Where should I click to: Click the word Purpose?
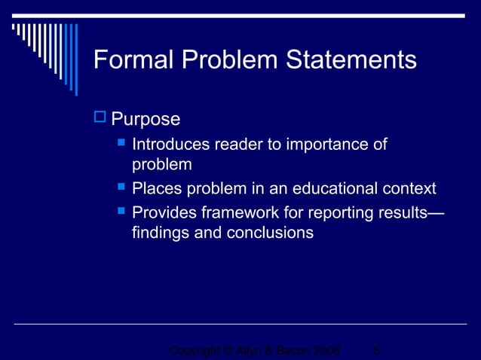pyautogui.click(x=146, y=119)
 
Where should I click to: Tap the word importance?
pyautogui.click(x=330, y=144)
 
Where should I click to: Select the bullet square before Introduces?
pyautogui.click(x=120, y=142)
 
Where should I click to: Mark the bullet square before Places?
pyautogui.click(x=120, y=187)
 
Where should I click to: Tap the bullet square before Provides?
pyautogui.click(x=120, y=210)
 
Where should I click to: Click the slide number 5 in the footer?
pyautogui.click(x=377, y=351)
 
